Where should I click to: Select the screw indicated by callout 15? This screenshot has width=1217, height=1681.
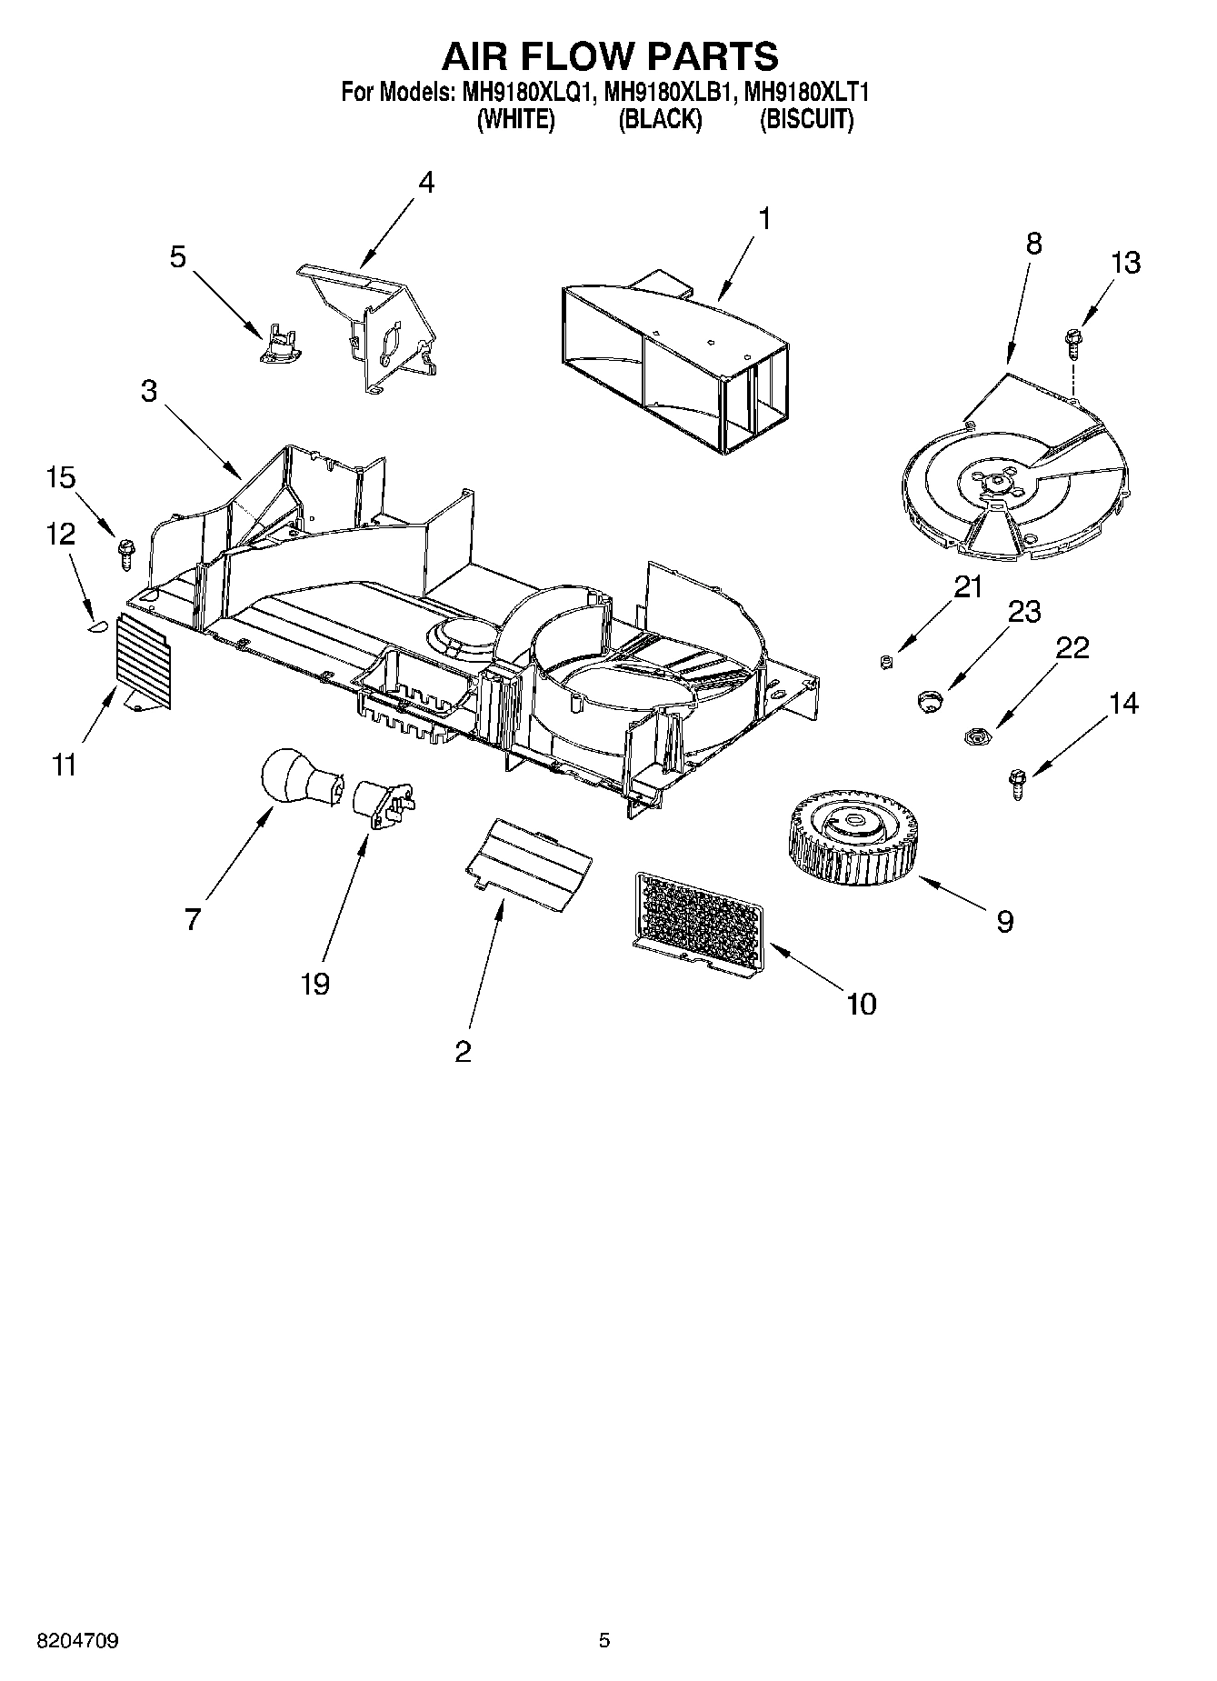point(125,551)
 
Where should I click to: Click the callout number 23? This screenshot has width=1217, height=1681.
point(1024,612)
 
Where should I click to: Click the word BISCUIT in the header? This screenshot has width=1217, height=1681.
point(806,120)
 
